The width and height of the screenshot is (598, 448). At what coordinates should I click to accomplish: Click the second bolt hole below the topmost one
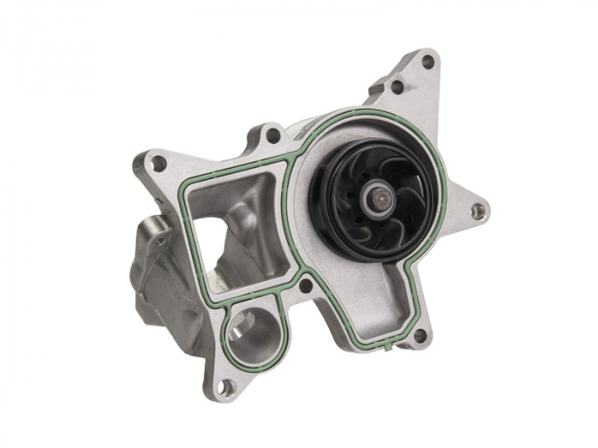coord(398,85)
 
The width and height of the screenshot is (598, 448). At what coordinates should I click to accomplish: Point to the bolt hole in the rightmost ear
coord(478,207)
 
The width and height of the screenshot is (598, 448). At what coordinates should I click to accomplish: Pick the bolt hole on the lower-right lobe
coord(419,335)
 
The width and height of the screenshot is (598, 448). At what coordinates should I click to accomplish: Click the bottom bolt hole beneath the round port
coord(228,387)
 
